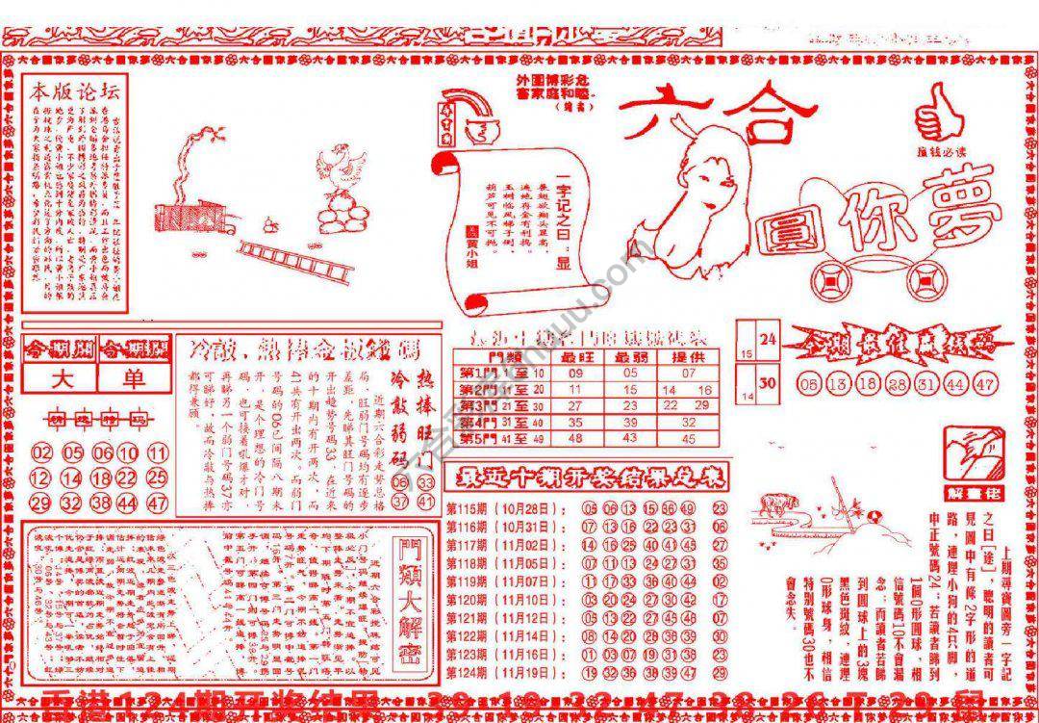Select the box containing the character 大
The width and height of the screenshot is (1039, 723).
(x=61, y=378)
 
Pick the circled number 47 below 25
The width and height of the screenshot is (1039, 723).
(x=159, y=503)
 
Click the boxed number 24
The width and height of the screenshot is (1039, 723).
(x=768, y=339)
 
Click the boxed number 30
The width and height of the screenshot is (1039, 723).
(x=768, y=382)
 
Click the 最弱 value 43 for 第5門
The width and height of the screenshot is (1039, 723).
(x=631, y=438)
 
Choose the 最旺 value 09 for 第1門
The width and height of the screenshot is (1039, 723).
(x=575, y=373)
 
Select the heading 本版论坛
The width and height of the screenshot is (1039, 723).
(x=74, y=92)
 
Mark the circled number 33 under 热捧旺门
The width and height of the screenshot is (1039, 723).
(x=425, y=481)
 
